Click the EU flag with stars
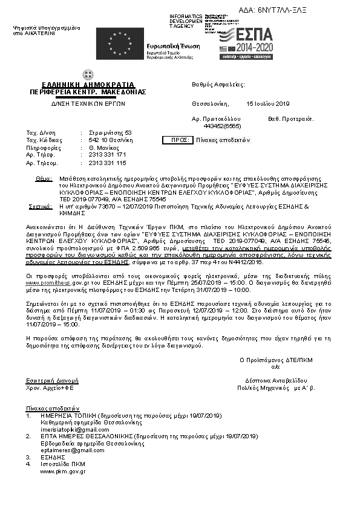111,44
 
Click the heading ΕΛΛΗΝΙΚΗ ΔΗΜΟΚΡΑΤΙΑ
88,85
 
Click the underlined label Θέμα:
44,180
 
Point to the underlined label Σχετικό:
41,206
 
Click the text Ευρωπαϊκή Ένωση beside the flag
169,47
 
